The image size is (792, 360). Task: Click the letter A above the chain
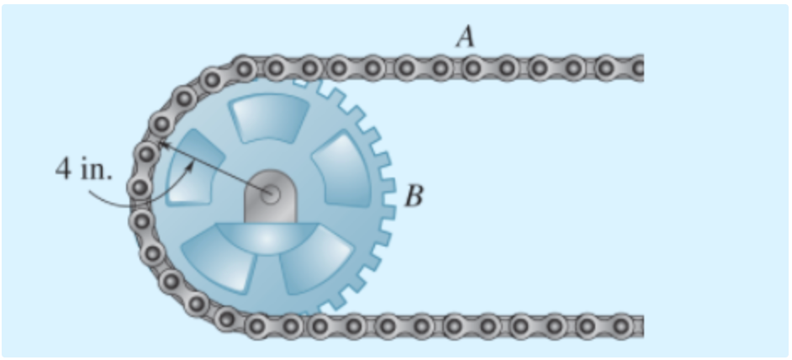[464, 36]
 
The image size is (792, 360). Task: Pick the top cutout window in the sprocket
[271, 117]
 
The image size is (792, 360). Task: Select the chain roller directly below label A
[472, 66]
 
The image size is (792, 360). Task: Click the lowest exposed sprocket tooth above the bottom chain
[336, 303]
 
